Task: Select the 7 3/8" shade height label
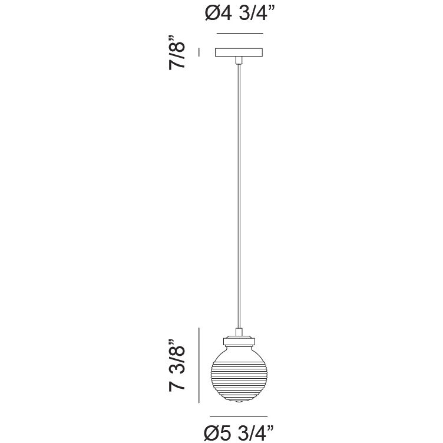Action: pyautogui.click(x=177, y=365)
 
